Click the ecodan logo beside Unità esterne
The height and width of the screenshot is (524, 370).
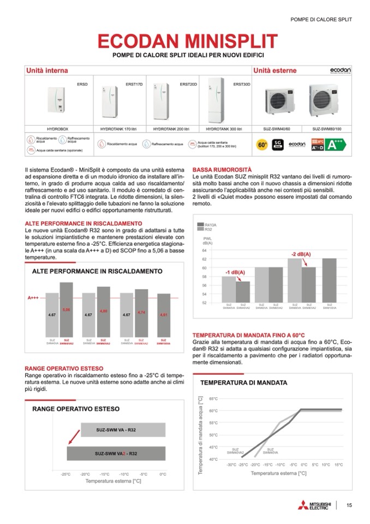340,71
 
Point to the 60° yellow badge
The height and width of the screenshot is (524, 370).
262,144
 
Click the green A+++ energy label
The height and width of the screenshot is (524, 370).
335,144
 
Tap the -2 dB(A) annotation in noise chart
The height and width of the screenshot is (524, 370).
300,255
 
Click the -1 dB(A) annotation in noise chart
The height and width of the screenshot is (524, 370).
235,272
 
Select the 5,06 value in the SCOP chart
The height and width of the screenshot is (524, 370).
66,310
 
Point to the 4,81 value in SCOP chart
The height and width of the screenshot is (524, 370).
163,315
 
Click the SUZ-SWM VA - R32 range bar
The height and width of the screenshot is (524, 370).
116,430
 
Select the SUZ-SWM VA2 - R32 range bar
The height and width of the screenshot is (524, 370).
116,454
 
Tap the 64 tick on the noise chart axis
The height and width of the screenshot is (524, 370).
204,251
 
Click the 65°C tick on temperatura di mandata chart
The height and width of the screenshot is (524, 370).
213,399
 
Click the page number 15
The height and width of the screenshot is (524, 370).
349,505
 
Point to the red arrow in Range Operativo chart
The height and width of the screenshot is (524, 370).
69,439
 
